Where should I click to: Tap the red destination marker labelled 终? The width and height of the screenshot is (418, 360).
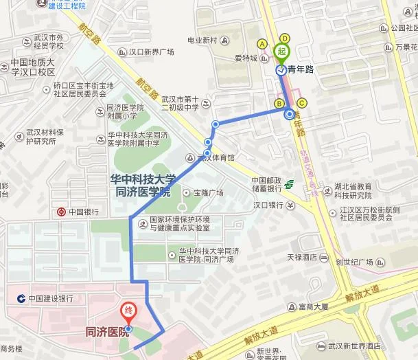coord(128,311)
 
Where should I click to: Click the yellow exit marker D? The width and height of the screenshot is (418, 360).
coord(284,38)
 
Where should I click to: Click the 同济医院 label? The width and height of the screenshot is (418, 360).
coord(106,333)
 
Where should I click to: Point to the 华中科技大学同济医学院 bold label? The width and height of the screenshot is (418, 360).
coord(143,185)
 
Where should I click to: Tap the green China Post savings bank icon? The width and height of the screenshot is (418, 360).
coord(290,185)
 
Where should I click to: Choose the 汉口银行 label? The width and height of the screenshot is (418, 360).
coord(268,205)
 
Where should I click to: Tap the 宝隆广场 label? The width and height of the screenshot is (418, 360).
coord(209,192)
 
